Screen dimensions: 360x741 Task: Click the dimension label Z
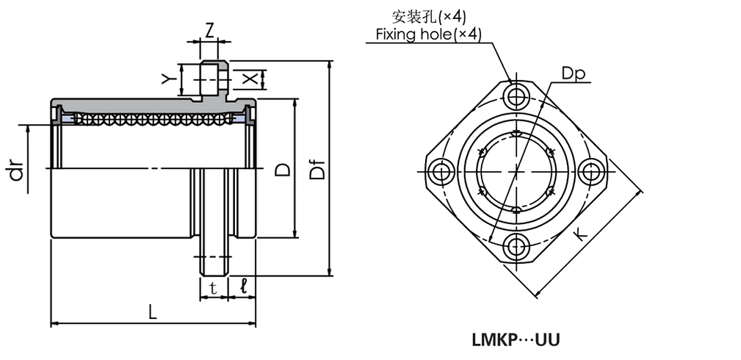point(209,30)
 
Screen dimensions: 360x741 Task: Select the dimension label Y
point(169,78)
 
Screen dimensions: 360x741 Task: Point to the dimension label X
point(250,78)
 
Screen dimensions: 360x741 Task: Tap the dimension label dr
point(17,171)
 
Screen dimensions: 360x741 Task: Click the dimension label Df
point(317,171)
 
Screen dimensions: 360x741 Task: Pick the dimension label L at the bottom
point(152,312)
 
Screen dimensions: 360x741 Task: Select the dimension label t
point(213,289)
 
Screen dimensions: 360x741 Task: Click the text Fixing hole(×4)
point(429,34)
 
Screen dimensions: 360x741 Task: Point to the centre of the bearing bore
point(517,170)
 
